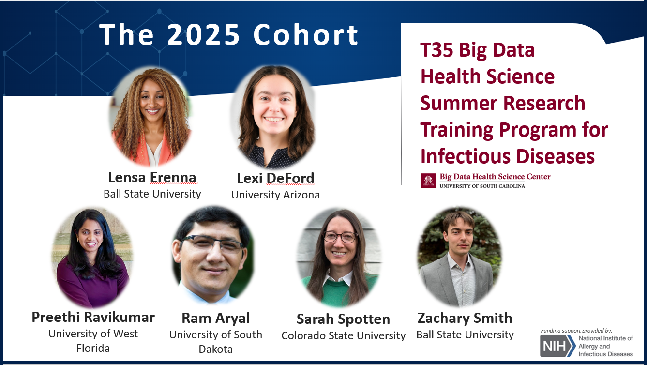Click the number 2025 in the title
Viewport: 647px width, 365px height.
(x=203, y=34)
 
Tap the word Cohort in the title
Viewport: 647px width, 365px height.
(x=306, y=34)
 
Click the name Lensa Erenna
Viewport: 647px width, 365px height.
(x=152, y=177)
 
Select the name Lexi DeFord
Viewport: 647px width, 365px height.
(x=275, y=178)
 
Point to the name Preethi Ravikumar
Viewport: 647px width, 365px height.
(x=93, y=317)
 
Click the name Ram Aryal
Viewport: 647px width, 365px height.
(x=216, y=318)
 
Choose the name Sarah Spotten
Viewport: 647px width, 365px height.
(x=344, y=319)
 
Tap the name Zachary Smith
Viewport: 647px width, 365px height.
(x=465, y=318)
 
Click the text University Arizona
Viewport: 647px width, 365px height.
(x=275, y=195)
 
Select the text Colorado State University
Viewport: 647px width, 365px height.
(x=344, y=335)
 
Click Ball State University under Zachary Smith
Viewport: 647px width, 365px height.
(x=465, y=335)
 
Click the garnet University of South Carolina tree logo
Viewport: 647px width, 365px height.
(x=428, y=181)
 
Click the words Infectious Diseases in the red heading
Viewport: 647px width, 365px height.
(x=508, y=156)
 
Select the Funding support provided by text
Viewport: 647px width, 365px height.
(x=576, y=331)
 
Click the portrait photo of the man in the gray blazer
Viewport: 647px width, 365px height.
(x=460, y=257)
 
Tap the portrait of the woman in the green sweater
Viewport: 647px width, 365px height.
(x=340, y=257)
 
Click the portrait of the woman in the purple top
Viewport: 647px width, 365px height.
(x=92, y=258)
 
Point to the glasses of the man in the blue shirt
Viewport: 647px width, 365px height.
(x=212, y=243)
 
